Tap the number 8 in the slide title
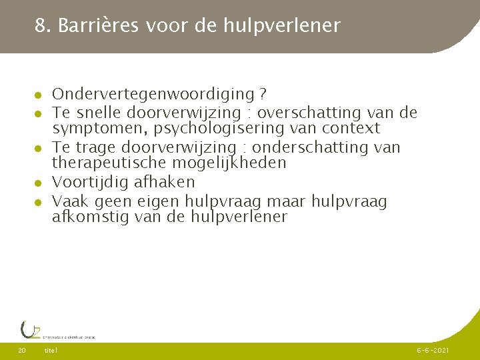[x=41, y=26]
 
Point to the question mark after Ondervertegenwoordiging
[x=263, y=95]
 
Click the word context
[x=351, y=128]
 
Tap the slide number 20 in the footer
[x=22, y=350]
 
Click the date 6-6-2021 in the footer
[x=433, y=350]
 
